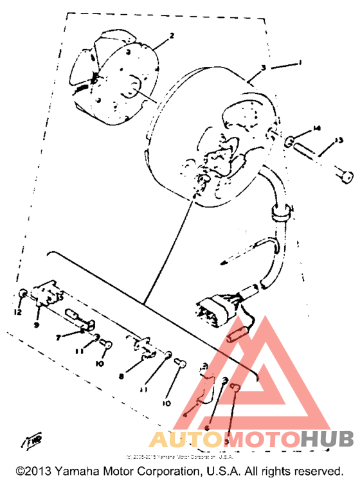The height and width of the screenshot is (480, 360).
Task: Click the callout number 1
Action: pos(300,62)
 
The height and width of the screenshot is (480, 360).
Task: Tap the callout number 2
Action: pos(172,37)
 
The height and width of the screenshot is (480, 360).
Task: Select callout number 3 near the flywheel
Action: pos(264,67)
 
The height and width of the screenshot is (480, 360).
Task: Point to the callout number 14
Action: pos(316,129)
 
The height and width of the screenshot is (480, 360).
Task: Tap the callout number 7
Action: pos(58,336)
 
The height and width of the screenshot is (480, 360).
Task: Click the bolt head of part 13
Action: pos(345,173)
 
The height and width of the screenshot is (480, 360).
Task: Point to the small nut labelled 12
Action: pos(22,294)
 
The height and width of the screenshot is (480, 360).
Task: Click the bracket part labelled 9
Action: pos(48,292)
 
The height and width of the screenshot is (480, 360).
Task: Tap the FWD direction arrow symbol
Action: pos(30,441)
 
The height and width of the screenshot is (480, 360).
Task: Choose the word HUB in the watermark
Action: pos(327,439)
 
